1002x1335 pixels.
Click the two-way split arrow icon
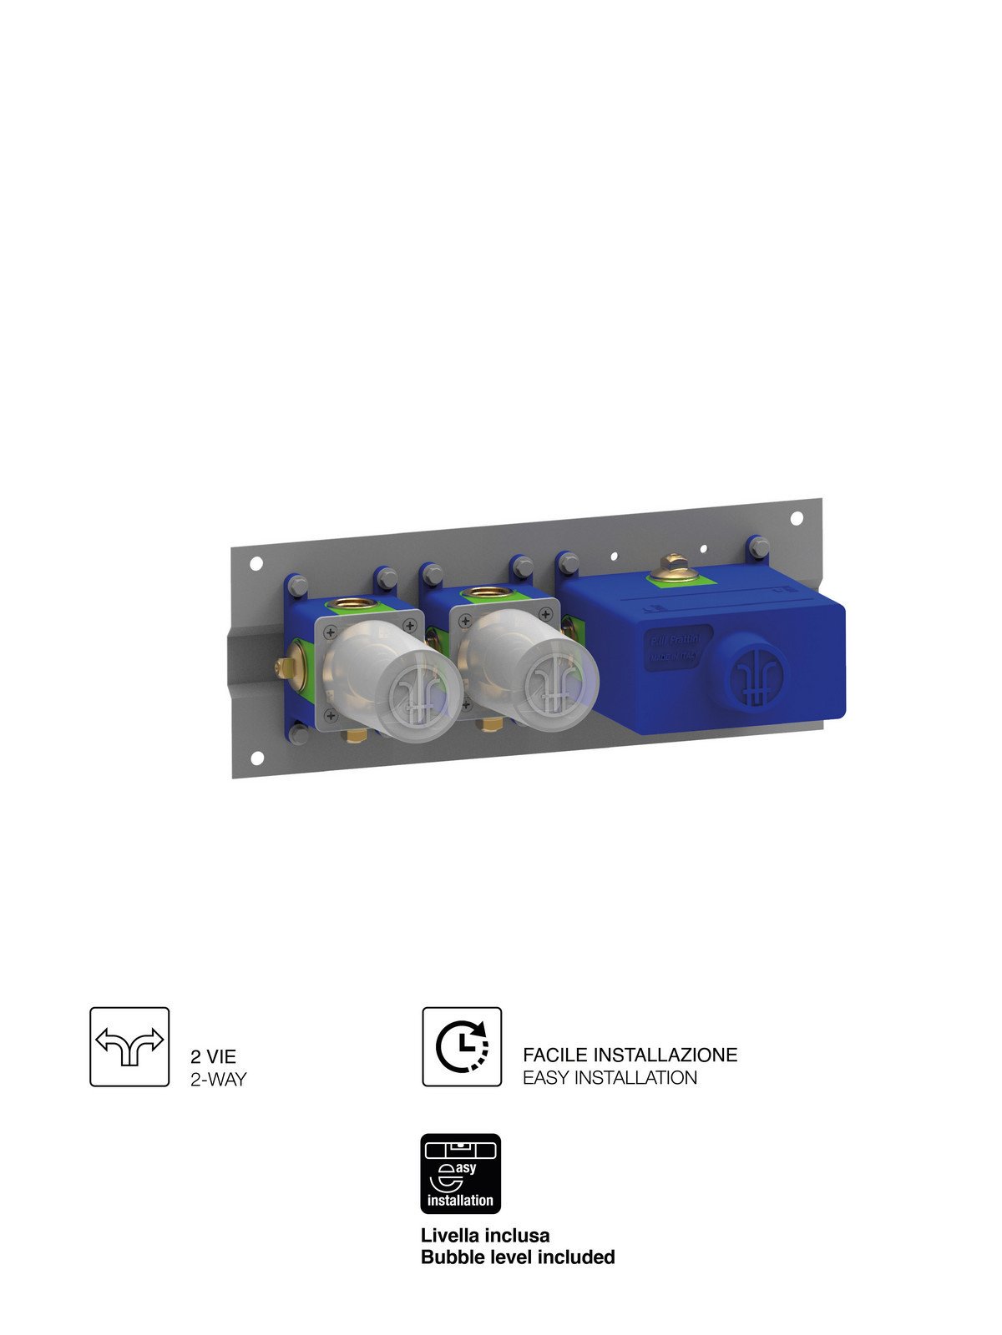[x=129, y=1046]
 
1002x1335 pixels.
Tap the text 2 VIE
[x=214, y=1056]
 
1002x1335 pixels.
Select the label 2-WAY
[x=219, y=1079]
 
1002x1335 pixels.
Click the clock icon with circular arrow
[x=462, y=1046]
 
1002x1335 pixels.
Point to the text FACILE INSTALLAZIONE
[x=630, y=1055]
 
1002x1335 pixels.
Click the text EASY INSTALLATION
[x=610, y=1078]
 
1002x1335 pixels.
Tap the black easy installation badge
[x=460, y=1173]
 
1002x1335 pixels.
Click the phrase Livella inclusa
[x=485, y=1235]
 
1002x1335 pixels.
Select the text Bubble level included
[x=518, y=1257]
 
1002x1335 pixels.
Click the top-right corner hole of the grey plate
[x=796, y=518]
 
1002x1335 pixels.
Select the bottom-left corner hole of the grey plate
[x=257, y=758]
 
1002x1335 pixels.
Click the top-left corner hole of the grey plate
[x=256, y=564]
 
